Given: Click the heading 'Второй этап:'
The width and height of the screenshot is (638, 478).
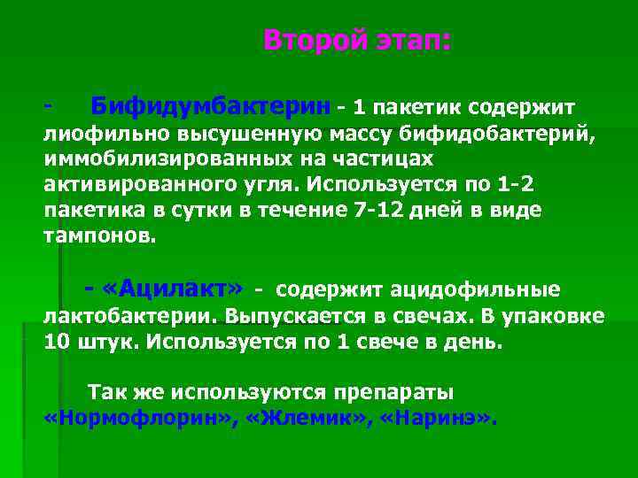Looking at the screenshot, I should pyautogui.click(x=357, y=41).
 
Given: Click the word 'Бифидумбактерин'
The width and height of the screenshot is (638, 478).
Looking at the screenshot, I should pyautogui.click(x=211, y=107).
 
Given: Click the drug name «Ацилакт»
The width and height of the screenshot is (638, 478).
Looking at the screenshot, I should pyautogui.click(x=173, y=289).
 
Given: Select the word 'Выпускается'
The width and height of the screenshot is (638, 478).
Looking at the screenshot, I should pyautogui.click(x=284, y=315).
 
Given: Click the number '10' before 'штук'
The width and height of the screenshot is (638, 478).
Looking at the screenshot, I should pyautogui.click(x=55, y=341).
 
